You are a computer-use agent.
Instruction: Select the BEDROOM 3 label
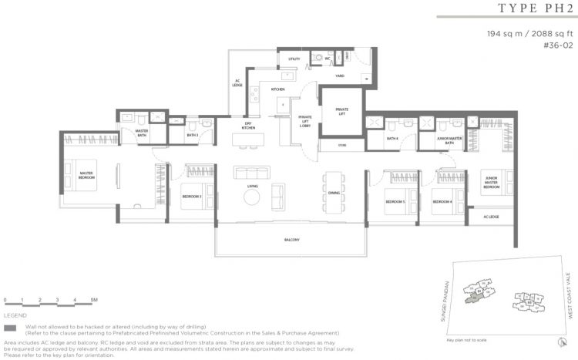(x=191, y=197)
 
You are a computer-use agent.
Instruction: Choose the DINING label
(x=334, y=193)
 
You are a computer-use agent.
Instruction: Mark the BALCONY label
(x=291, y=241)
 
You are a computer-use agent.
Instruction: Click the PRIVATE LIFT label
(x=341, y=112)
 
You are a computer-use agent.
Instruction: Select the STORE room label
(x=342, y=145)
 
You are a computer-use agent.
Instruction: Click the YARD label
(x=339, y=76)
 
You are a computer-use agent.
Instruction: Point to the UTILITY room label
(x=294, y=59)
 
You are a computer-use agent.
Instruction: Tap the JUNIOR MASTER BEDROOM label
(x=491, y=183)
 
